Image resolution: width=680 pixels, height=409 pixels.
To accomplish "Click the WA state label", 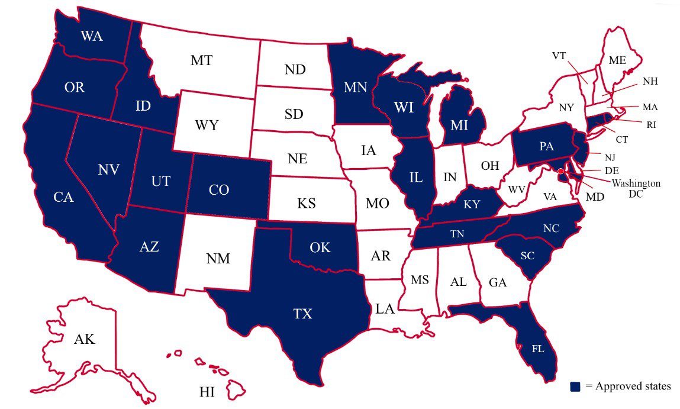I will [x=91, y=37].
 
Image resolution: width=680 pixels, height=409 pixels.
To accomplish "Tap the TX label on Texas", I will [x=302, y=314].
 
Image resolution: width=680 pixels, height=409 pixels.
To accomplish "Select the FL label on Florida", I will [x=537, y=349].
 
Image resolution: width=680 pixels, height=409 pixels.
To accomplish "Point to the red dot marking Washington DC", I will [x=560, y=171].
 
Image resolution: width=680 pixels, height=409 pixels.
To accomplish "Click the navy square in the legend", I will [x=575, y=387].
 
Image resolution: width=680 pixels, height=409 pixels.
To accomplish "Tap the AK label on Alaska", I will [x=85, y=339].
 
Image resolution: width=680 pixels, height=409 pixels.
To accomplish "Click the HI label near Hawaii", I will [x=207, y=391].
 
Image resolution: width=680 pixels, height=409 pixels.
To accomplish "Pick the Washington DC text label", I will [x=636, y=189].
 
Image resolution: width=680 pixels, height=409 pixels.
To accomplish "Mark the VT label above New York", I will [x=559, y=56].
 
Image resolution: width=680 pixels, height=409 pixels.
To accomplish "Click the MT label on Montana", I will [x=202, y=60].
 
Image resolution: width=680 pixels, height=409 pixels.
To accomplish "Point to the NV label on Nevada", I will [x=109, y=170].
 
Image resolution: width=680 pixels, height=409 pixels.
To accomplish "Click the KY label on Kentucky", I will [x=472, y=205].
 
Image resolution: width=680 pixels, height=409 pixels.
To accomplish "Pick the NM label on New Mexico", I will [x=218, y=259].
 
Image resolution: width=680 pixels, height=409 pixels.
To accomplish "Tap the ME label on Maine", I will [x=617, y=60].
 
